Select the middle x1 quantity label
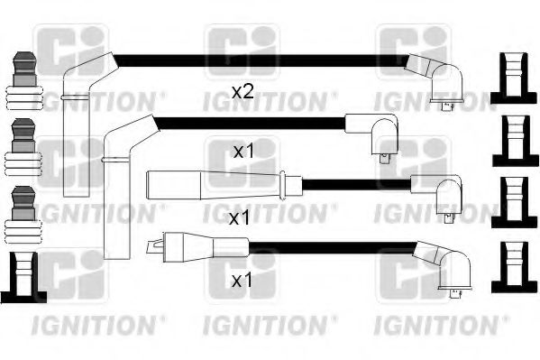click(238, 217)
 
